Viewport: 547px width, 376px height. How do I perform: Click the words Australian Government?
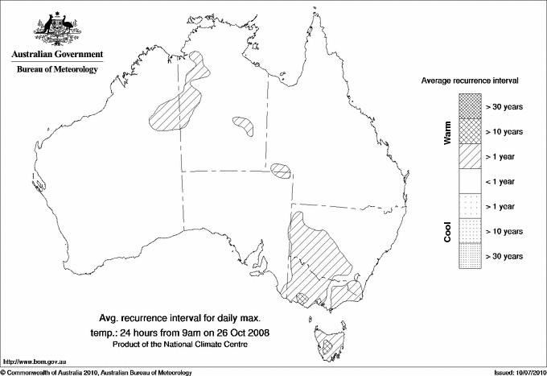(x=56, y=55)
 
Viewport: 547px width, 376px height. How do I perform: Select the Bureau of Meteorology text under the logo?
(x=56, y=69)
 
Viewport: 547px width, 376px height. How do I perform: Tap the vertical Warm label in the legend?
(x=447, y=132)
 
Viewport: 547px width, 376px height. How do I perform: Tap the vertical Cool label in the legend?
(x=447, y=232)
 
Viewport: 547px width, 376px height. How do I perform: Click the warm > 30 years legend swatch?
(x=468, y=105)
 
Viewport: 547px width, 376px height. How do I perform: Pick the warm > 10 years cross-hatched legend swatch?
(x=468, y=130)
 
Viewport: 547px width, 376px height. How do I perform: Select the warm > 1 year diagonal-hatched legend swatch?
(x=468, y=156)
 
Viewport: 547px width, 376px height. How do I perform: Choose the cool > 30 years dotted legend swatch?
(x=468, y=256)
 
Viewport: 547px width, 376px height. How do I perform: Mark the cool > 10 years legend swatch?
(x=468, y=231)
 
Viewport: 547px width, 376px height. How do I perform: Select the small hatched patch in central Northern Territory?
(x=243, y=125)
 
